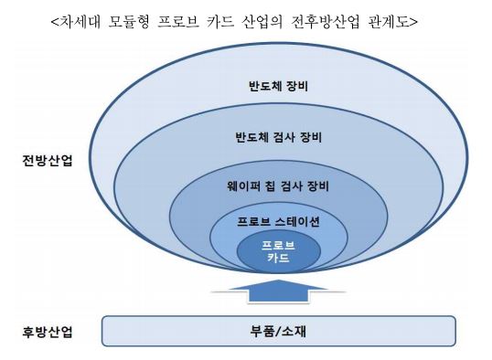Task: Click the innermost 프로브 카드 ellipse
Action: (x=278, y=252)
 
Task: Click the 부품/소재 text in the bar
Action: (x=278, y=331)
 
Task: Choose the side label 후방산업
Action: (x=48, y=331)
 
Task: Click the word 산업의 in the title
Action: (x=260, y=21)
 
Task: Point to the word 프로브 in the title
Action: (x=189, y=21)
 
